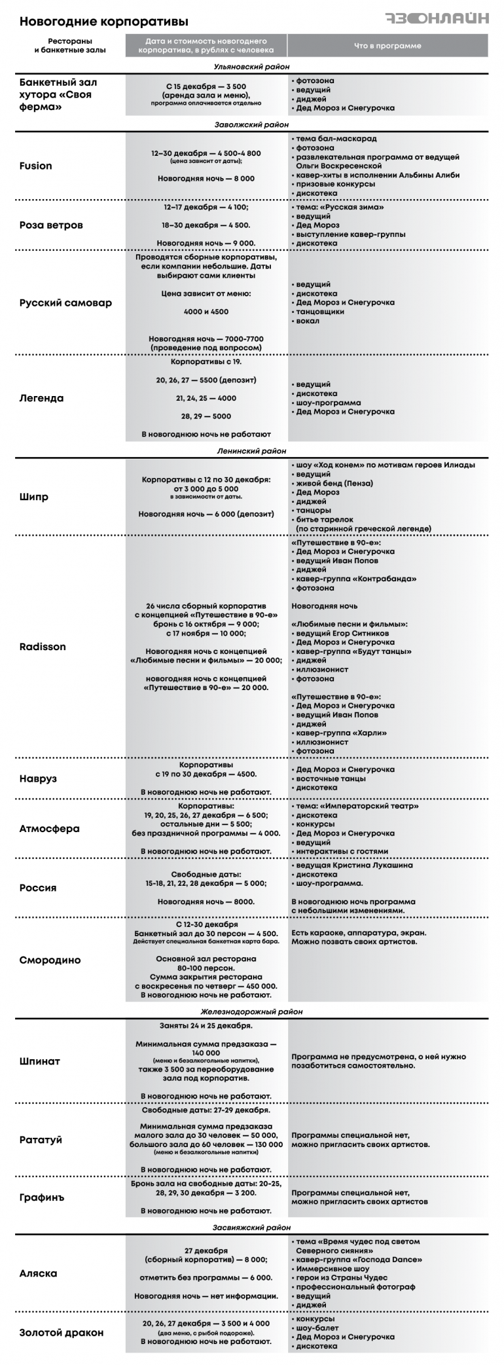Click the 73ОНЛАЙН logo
click(436, 18)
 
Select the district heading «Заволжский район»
click(251, 124)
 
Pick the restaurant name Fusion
click(35, 166)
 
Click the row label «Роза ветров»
click(51, 225)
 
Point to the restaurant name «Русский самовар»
click(65, 302)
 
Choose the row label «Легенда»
click(41, 398)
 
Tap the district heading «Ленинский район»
click(251, 450)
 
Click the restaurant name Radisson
click(43, 646)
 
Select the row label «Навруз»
click(38, 778)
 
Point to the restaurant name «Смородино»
click(50, 960)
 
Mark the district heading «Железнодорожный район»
click(251, 1011)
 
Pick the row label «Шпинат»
click(39, 1061)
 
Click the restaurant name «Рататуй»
click(41, 1139)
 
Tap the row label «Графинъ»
click(42, 1197)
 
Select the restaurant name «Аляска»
click(38, 1273)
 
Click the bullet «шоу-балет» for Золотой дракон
click(317, 1328)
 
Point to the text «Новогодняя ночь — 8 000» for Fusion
click(206, 178)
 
